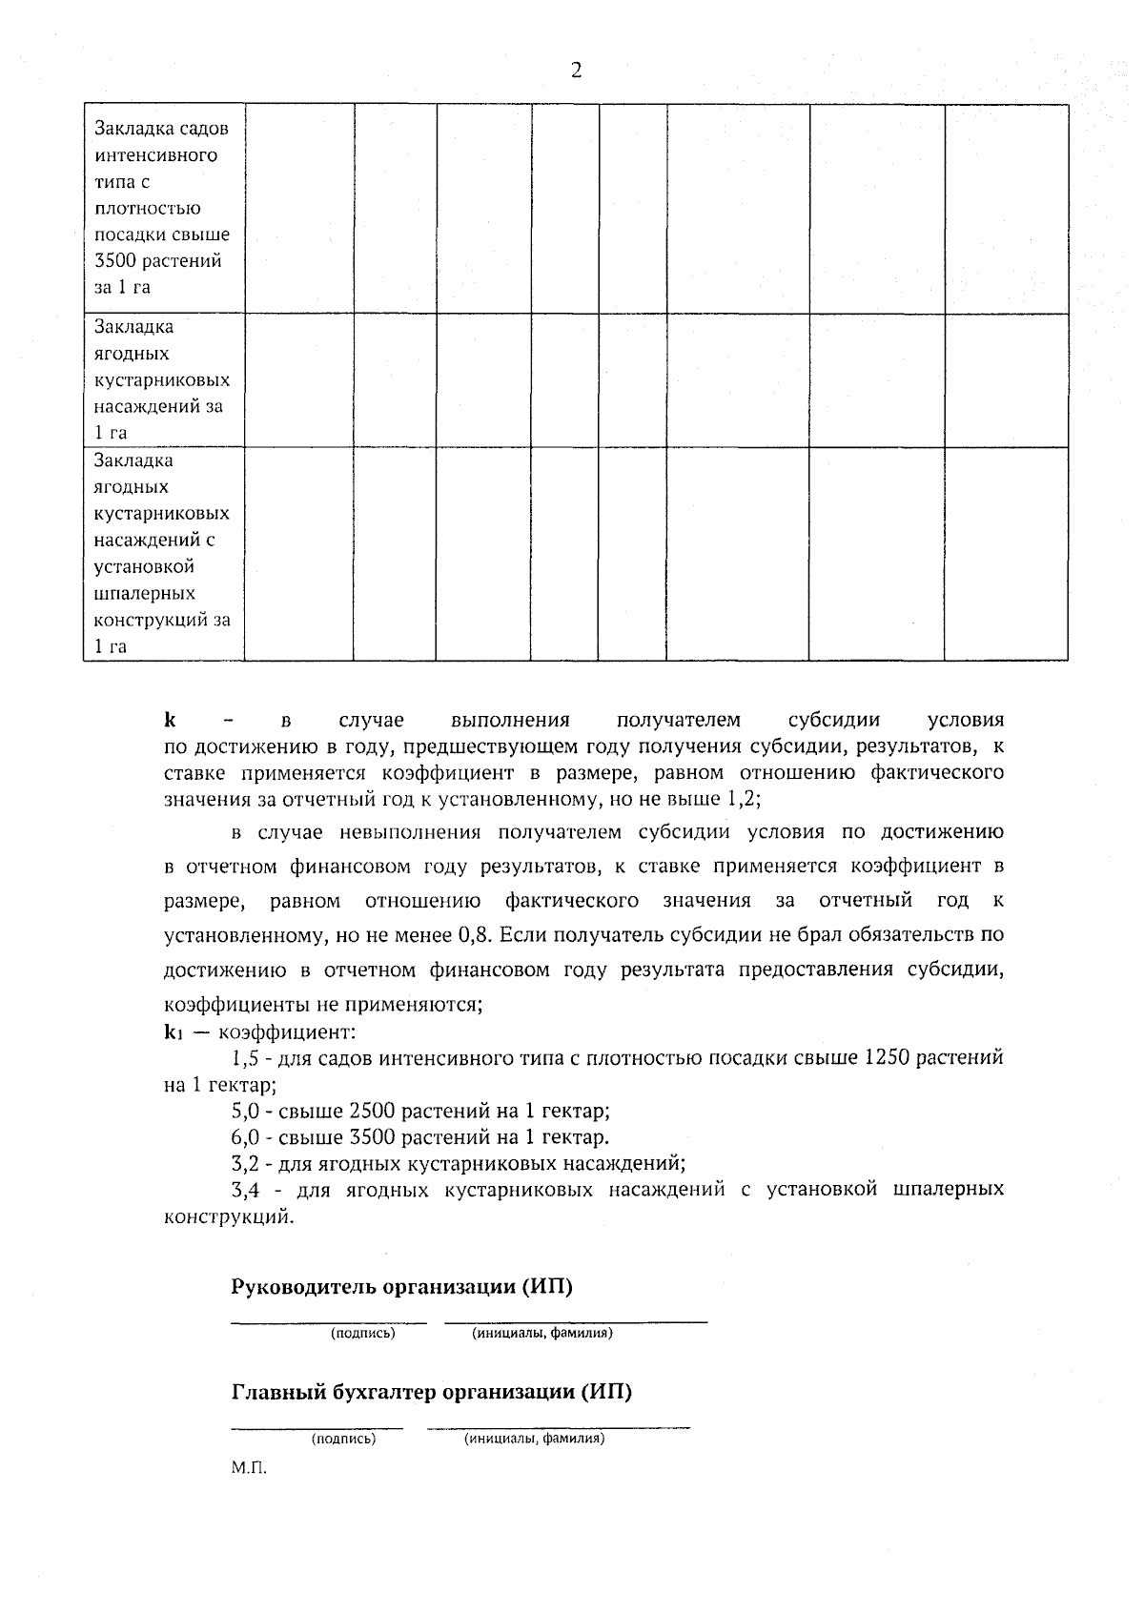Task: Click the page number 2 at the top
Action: pyautogui.click(x=576, y=71)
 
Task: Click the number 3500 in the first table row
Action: pyautogui.click(x=115, y=261)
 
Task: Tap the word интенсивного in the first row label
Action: pyautogui.click(x=156, y=155)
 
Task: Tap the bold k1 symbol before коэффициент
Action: pyautogui.click(x=174, y=1032)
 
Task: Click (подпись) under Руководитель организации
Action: pyautogui.click(x=362, y=1334)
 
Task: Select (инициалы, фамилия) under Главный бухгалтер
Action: pyautogui.click(x=534, y=1440)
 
